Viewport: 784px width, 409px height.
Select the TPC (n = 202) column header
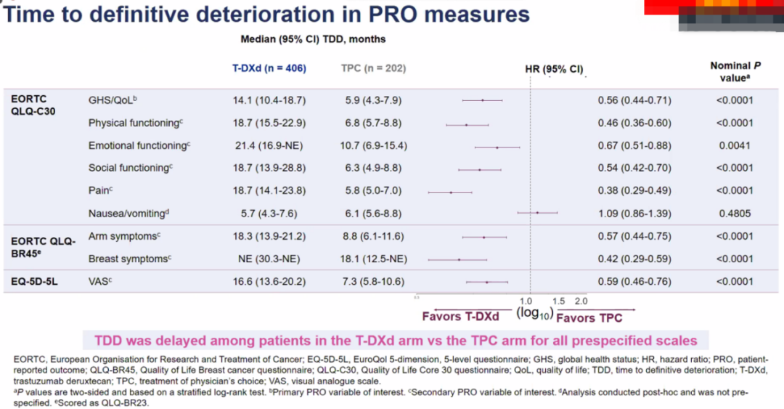[x=373, y=68]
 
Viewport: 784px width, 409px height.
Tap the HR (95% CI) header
[x=554, y=69]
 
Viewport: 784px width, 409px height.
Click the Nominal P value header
[x=730, y=71]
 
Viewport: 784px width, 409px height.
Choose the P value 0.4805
[x=735, y=214]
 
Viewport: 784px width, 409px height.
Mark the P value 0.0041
[x=735, y=146]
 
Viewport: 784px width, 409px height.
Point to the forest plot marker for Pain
[x=451, y=193]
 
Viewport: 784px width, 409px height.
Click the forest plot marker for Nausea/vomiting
[x=537, y=213]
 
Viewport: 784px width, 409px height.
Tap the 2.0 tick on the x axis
[x=581, y=301]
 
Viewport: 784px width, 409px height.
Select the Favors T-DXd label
[x=461, y=317]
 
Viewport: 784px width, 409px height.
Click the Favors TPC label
[x=589, y=317]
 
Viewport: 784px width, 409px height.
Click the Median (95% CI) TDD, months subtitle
[x=313, y=39]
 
